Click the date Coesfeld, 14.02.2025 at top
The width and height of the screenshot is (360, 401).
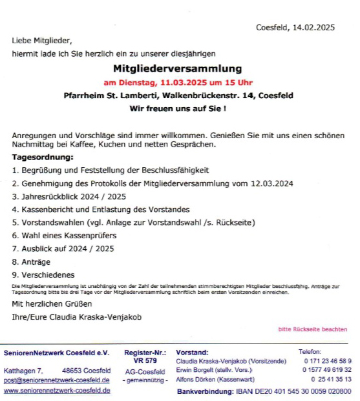coord(295,27)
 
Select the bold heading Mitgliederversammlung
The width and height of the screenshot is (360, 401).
coord(178,68)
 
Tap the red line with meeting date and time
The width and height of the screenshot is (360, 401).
coord(178,83)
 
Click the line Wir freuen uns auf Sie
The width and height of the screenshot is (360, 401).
coord(178,108)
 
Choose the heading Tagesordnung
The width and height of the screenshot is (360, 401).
coord(43,157)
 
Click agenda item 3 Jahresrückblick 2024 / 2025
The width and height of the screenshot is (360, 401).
coord(63,196)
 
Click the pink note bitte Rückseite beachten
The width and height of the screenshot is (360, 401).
coord(312,329)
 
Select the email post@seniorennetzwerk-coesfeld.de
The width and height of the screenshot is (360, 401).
coord(56,380)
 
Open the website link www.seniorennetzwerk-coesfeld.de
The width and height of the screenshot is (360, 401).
coord(56,391)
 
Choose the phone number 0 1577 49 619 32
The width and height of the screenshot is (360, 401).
coord(327,370)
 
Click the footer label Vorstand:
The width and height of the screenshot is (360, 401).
coord(192,353)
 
